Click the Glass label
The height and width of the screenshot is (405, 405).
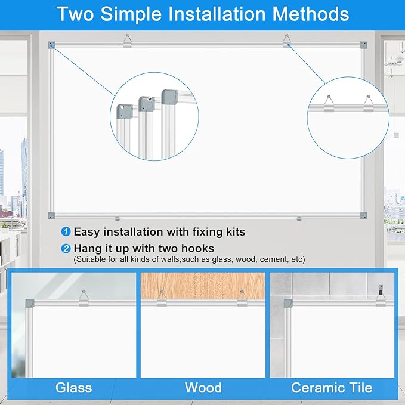pos(74,388)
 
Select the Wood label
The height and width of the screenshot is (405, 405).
pos(203,388)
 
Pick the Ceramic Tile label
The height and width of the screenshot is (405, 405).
pos(332,388)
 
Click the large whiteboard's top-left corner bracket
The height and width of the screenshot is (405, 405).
pos(52,45)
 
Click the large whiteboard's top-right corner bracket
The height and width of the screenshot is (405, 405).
pos(363,45)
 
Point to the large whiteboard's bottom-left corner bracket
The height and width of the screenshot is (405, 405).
pos(52,215)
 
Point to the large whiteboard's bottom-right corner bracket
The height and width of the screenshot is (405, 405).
pos(363,215)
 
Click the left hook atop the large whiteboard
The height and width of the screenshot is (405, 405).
pos(127,41)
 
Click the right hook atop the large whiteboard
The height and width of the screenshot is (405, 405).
pos(287,41)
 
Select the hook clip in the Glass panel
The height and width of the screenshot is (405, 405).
pos(83,298)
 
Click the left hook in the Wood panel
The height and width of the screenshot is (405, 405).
pos(162,298)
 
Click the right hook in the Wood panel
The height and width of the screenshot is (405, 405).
pos(242,298)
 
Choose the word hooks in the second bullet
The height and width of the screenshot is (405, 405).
pos(196,248)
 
